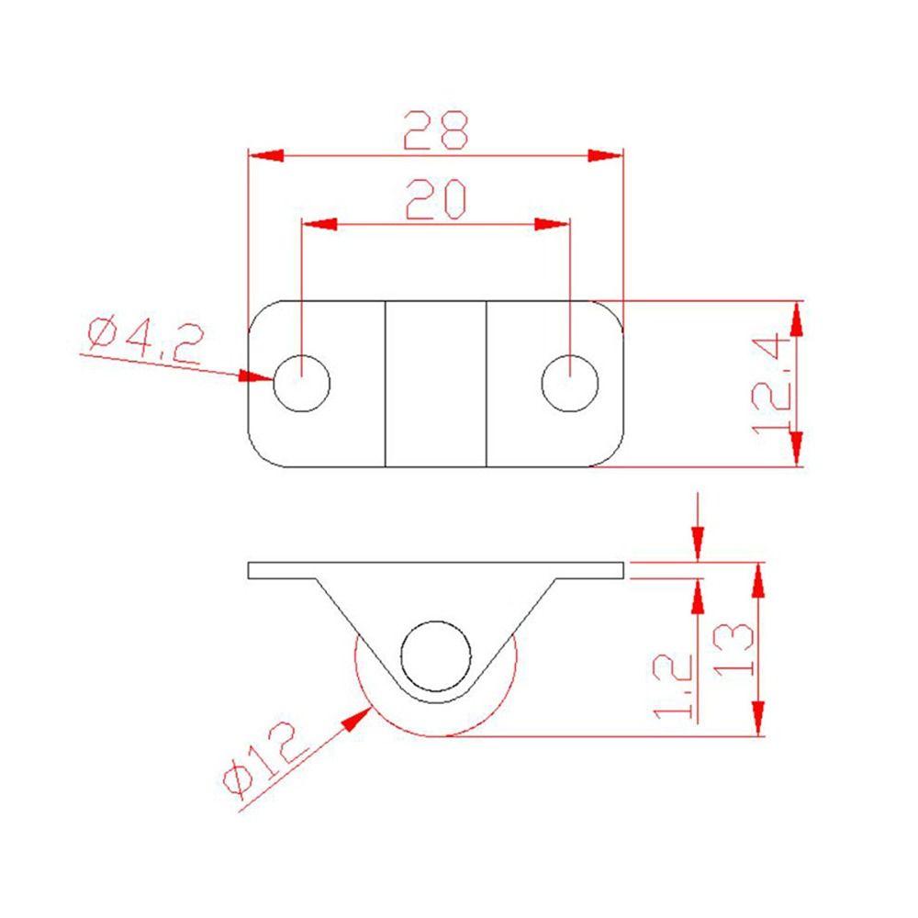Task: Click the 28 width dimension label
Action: [x=435, y=129]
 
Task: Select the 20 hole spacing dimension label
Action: [x=435, y=199]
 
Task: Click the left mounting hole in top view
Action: [x=301, y=383]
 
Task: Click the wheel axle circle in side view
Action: [x=435, y=656]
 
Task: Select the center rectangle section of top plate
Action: [x=435, y=383]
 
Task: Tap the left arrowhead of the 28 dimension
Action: [x=266, y=155]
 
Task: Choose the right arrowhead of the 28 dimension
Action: [x=605, y=155]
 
